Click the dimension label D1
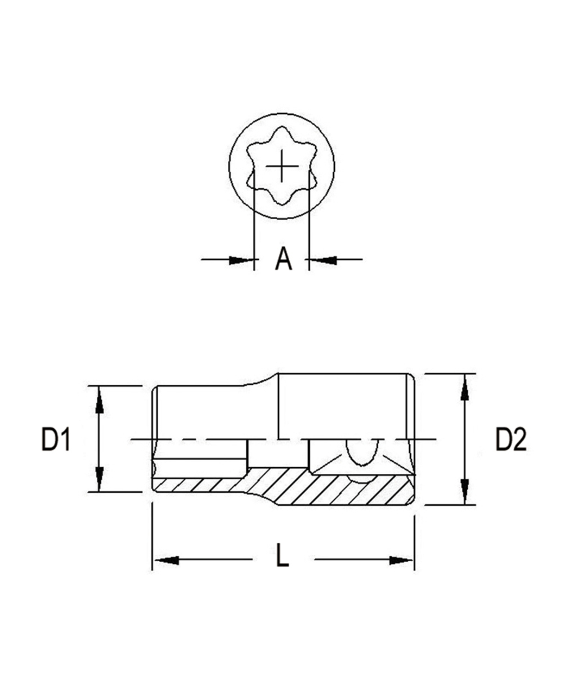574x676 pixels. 56,439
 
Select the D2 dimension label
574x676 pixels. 510,439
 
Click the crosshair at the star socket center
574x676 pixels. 281,167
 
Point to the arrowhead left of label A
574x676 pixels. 240,260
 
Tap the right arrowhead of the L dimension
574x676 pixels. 401,560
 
